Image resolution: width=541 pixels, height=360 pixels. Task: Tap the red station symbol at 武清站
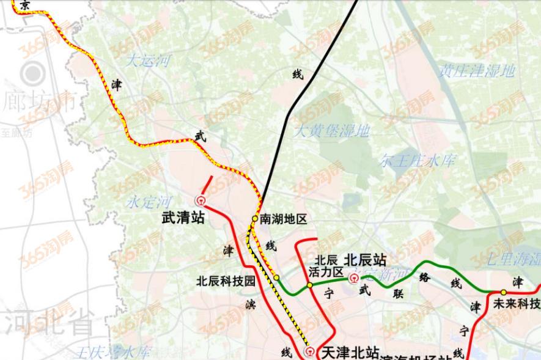200,200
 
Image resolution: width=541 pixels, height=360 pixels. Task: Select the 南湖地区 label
282,219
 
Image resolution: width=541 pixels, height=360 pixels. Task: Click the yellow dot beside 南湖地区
255,218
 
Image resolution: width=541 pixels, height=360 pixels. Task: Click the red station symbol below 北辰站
354,279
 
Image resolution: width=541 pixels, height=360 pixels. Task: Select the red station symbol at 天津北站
311,351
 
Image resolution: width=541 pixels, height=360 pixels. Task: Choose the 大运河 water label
148,61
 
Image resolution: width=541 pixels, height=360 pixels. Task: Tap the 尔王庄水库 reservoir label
418,161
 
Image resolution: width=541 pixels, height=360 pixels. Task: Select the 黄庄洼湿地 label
477,71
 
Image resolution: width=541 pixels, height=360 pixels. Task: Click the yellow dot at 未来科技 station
503,292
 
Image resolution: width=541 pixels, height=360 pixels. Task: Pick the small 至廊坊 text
17,133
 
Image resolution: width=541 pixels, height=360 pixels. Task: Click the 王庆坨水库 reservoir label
114,353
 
